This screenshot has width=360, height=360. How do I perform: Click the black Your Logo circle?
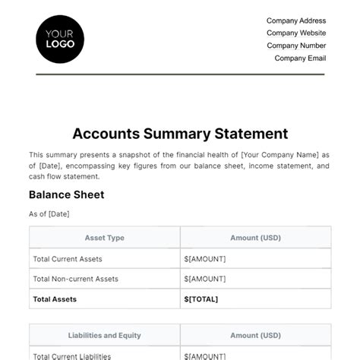pyautogui.click(x=60, y=39)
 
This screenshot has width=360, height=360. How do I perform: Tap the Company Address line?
pyautogui.click(x=296, y=21)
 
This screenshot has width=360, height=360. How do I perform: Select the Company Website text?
pyautogui.click(x=296, y=33)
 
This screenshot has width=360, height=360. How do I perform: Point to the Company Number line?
pyautogui.click(x=296, y=46)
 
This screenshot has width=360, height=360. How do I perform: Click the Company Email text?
pyautogui.click(x=300, y=58)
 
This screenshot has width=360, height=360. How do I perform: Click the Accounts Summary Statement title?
pyautogui.click(x=180, y=134)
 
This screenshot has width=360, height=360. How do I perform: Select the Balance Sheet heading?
pyautogui.click(x=66, y=195)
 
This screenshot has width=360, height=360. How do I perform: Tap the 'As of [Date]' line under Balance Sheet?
pyautogui.click(x=49, y=214)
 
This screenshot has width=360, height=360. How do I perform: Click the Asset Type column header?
pyautogui.click(x=105, y=238)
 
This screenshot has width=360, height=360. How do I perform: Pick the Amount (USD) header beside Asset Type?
pyautogui.click(x=255, y=238)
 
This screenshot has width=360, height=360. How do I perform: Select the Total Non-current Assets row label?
pyautogui.click(x=75, y=279)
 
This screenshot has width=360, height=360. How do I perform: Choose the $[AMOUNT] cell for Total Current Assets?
pyautogui.click(x=205, y=258)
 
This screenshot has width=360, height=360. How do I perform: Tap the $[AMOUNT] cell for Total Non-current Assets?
pyautogui.click(x=205, y=279)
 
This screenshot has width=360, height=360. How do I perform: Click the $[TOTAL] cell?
pyautogui.click(x=201, y=299)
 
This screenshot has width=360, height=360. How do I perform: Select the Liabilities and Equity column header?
pyautogui.click(x=105, y=335)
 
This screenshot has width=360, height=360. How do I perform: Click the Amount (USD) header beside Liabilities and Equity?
pyautogui.click(x=255, y=335)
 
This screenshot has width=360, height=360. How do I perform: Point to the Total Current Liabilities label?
pyautogui.click(x=72, y=355)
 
